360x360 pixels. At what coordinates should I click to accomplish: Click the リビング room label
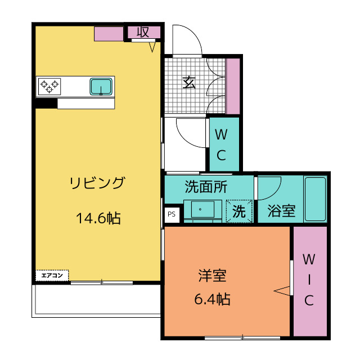(97, 183)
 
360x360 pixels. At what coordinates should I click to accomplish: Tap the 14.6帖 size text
(98, 218)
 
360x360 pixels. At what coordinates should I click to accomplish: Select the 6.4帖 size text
(212, 299)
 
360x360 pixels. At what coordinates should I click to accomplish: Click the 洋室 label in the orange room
(213, 275)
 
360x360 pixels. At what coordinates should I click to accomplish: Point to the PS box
(172, 214)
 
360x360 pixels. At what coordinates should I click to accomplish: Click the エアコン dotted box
(52, 275)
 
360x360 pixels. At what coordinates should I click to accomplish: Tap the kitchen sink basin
(101, 87)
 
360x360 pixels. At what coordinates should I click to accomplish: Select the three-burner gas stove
(49, 87)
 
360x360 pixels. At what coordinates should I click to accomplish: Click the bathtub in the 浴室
(315, 199)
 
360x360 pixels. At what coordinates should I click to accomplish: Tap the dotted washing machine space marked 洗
(239, 211)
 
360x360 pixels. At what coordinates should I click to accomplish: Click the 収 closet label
(143, 32)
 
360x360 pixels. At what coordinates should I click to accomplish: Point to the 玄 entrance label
(189, 83)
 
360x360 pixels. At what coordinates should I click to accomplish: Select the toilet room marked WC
(224, 144)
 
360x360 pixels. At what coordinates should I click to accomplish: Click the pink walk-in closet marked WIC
(310, 281)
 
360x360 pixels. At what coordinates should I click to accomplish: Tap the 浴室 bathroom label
(281, 211)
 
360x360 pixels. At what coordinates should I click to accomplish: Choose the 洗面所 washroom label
(206, 187)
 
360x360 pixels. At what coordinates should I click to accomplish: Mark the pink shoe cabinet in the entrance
(233, 86)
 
